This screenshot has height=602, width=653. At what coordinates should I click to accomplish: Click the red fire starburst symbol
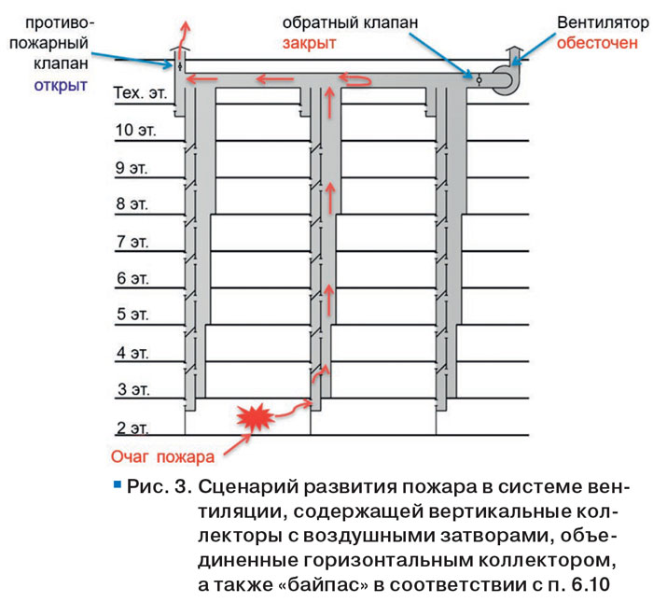click(256, 416)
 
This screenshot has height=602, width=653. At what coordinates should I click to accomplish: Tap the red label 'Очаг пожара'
click(162, 457)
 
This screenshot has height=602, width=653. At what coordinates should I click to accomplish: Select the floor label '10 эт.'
click(135, 131)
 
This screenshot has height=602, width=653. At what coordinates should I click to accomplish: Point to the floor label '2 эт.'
click(132, 427)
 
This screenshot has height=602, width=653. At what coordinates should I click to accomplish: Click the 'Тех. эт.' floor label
click(140, 93)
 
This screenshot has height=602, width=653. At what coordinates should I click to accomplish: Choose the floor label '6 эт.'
click(132, 278)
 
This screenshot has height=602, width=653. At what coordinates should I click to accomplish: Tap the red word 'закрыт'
click(309, 44)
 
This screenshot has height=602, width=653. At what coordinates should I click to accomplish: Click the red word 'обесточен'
click(597, 43)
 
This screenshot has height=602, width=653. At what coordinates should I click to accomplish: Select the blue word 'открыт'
click(61, 86)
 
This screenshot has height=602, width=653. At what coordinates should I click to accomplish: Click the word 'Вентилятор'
click(603, 23)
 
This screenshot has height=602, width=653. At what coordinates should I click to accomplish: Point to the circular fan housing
click(502, 79)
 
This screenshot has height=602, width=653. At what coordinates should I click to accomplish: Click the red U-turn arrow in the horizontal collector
click(354, 78)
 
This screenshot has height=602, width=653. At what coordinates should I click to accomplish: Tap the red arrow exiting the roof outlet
click(183, 39)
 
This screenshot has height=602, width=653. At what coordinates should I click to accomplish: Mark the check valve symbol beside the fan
click(479, 79)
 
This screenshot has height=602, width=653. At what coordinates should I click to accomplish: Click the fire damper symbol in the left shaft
click(180, 66)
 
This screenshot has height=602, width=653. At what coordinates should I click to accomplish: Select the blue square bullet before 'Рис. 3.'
click(118, 484)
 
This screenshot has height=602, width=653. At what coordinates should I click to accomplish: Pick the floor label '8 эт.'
click(132, 203)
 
